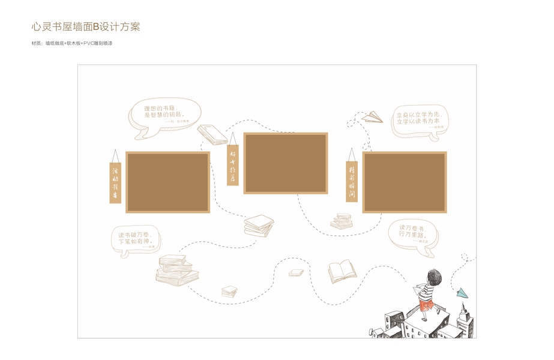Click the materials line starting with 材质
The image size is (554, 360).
(x=72, y=44)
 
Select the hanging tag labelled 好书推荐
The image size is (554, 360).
(x=233, y=164)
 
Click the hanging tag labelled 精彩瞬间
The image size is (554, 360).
(x=352, y=181)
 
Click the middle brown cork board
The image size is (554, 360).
(x=286, y=163)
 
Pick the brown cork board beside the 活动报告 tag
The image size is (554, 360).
(x=167, y=182)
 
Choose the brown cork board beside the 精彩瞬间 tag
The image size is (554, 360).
(x=405, y=182)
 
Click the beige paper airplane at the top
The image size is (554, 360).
(x=373, y=116)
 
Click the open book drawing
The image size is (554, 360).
(x=342, y=271)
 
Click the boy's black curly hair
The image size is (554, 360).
(x=434, y=278)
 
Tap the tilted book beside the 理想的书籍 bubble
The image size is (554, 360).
(x=212, y=134)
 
